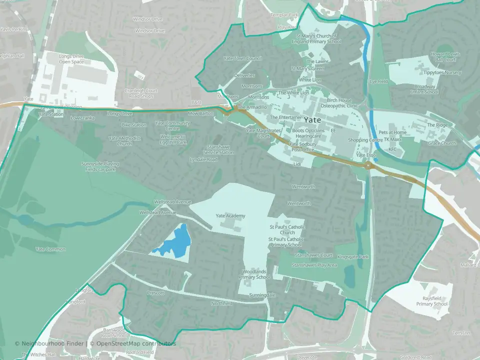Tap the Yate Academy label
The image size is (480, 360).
(230, 216)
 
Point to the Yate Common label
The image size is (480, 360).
(50, 249)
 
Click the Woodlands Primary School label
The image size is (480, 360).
(254, 274)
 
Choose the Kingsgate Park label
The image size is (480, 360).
(352, 257)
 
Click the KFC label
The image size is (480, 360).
(392, 149)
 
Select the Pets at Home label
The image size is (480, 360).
(392, 132)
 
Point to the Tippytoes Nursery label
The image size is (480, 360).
(442, 72)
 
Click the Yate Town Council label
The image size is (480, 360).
(242, 58)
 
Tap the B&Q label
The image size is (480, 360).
(196, 102)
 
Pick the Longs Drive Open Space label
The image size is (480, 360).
(71, 59)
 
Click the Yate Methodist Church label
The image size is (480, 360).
(120, 141)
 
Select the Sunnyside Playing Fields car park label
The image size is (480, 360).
(98, 166)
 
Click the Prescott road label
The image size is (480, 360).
(155, 293)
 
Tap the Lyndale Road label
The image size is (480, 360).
(203, 159)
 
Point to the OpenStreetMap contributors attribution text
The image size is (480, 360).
(132, 343)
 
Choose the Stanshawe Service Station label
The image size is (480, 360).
(218, 150)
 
